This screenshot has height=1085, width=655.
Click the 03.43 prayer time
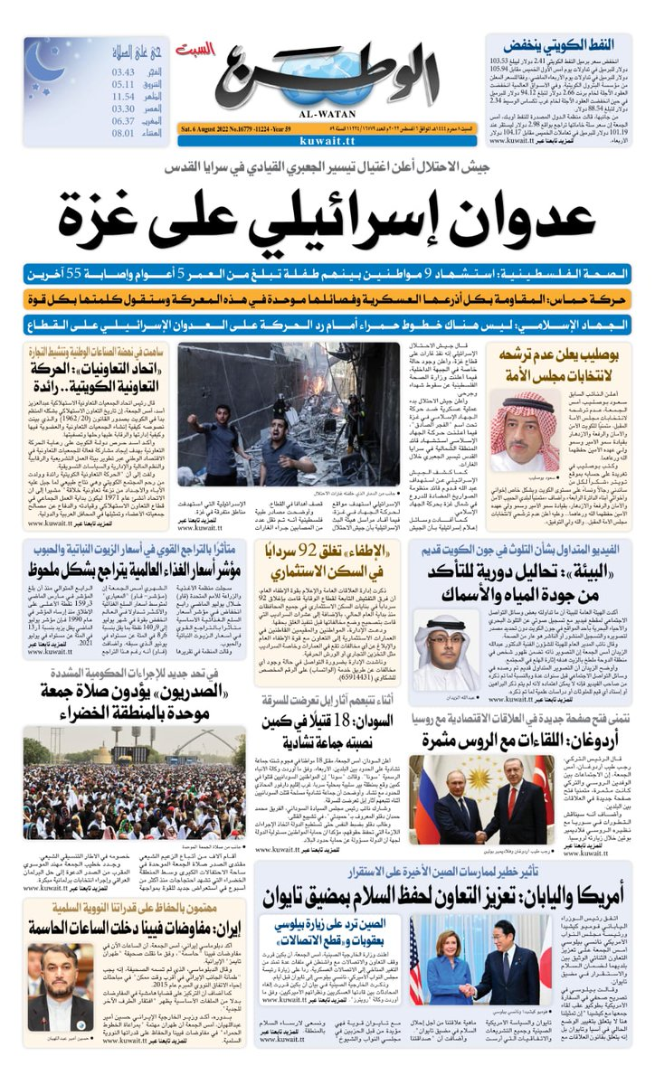(123, 71)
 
